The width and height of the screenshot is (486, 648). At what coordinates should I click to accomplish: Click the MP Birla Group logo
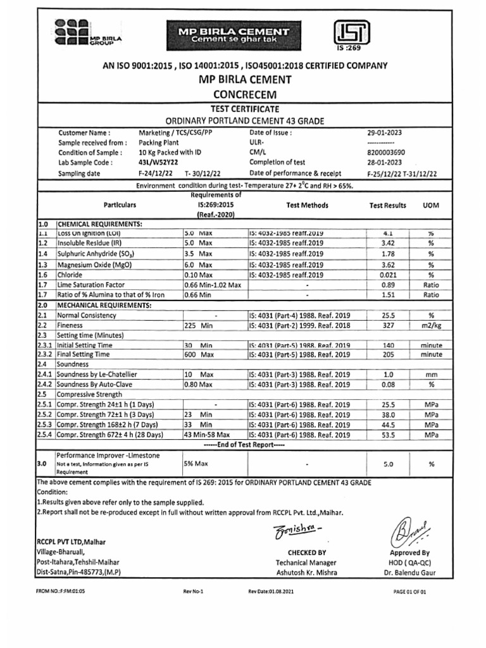87,32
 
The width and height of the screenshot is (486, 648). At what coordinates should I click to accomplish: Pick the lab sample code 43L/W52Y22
159,163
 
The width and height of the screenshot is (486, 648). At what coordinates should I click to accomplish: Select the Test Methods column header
307,206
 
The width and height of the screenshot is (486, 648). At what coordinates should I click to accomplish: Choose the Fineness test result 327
389,325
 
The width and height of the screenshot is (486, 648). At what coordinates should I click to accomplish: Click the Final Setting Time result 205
389,355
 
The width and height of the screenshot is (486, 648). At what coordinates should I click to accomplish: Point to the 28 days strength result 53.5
389,435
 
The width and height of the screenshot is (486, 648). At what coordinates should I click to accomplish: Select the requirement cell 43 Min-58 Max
206,435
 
